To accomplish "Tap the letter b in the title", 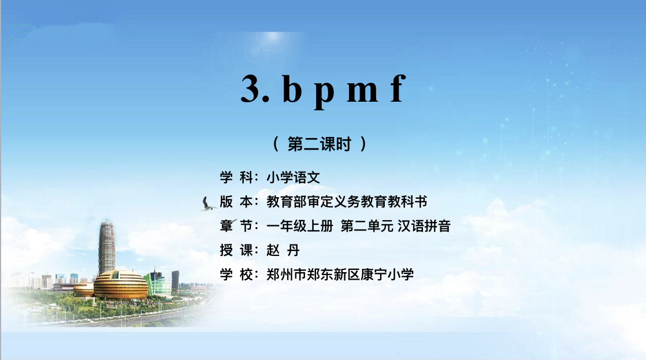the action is (x=292, y=88).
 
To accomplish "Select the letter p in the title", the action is (x=324, y=94).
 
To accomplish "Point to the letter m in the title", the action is (x=362, y=91).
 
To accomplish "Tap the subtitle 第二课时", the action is (x=320, y=144).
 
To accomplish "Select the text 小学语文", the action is (x=294, y=177).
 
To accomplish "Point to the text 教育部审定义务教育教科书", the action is (x=347, y=202).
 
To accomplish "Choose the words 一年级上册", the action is (x=299, y=226).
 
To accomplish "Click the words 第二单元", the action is (x=367, y=226).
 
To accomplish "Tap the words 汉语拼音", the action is (x=424, y=226).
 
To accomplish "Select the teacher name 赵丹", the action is (x=283, y=250).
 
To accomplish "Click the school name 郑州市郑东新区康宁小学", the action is (x=340, y=274).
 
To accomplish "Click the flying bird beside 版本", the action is (x=208, y=204).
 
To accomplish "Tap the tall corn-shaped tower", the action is (x=107, y=246).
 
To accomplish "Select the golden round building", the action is (x=120, y=284).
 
